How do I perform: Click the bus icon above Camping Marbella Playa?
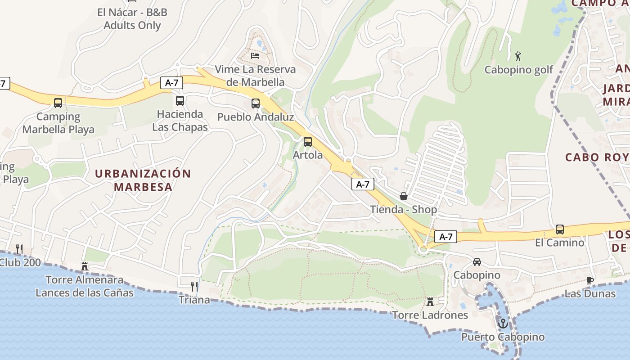point(58,103)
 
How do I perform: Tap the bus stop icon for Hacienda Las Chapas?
point(180,101)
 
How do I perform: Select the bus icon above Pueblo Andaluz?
point(256,103)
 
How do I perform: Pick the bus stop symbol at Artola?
point(308,142)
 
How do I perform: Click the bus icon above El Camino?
point(560,229)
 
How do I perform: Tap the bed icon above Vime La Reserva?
point(255,56)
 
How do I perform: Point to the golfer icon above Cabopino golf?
point(518,57)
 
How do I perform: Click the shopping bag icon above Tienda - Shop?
point(404,196)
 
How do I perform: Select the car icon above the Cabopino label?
point(477,262)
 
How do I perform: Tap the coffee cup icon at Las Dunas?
point(590,280)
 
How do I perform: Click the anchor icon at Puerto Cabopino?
point(503,324)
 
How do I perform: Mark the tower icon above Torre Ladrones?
point(430,301)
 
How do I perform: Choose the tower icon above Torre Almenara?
point(85,266)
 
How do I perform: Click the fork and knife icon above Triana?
point(194,286)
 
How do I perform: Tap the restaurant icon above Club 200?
point(19,249)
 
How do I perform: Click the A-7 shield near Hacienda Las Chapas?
point(171,83)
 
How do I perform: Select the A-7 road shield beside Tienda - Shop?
point(363,184)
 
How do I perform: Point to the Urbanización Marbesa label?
point(143,180)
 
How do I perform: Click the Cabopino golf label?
point(519,70)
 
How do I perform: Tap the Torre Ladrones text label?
point(430,315)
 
